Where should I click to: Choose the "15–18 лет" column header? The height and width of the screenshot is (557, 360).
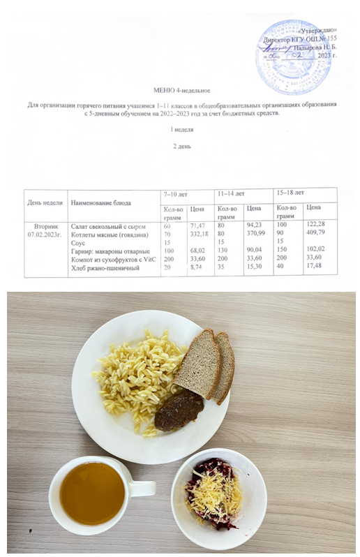(x=291, y=192)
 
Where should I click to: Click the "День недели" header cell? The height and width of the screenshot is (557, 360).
(x=45, y=202)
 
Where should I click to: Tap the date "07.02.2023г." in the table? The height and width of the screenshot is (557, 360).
(x=45, y=235)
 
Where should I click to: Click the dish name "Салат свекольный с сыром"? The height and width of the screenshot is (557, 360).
(x=105, y=226)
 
